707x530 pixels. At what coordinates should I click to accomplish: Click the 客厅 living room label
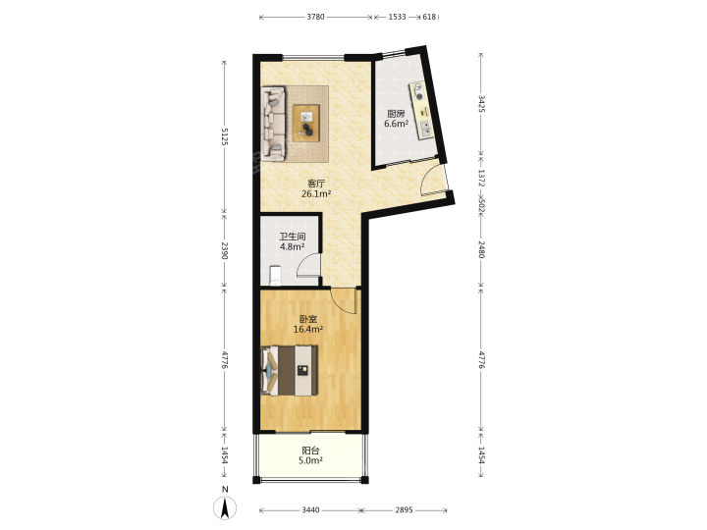[x=316, y=184]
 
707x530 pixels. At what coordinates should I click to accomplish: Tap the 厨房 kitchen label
[x=396, y=114]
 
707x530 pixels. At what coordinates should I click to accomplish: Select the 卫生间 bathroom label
[x=293, y=237]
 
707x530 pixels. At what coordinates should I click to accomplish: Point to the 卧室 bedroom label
[x=308, y=319]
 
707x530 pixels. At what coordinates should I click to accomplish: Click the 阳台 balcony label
[x=310, y=450]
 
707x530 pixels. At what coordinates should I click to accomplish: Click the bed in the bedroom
[x=290, y=370]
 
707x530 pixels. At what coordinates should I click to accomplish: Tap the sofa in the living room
[x=274, y=124]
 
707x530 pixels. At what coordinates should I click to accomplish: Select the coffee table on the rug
[x=306, y=123]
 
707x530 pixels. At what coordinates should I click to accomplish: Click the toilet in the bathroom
[x=275, y=276]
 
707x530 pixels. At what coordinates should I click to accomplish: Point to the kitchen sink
[x=425, y=130]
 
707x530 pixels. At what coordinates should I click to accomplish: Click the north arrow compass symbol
[x=225, y=507]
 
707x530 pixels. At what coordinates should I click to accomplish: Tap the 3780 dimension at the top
[x=315, y=17]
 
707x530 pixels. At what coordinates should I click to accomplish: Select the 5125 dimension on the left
[x=225, y=136]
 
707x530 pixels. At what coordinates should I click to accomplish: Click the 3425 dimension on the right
[x=481, y=104]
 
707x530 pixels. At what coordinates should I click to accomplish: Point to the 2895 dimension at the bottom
[x=404, y=510]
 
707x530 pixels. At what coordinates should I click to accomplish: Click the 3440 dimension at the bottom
[x=310, y=510]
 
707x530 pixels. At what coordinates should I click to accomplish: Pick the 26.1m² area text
[x=316, y=194]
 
